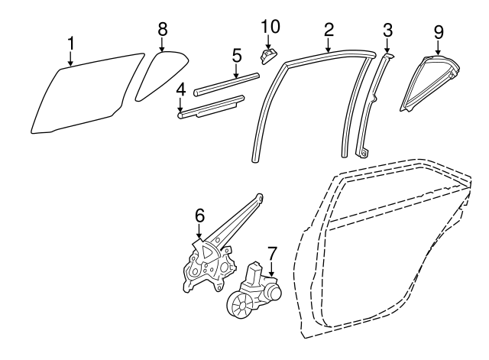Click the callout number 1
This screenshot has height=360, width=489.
(71, 44)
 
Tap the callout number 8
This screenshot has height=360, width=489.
(163, 29)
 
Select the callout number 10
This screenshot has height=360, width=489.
(270, 26)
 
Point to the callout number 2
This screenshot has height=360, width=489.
(329, 30)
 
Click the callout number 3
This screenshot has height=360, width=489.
(387, 31)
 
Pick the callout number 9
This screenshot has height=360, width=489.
(439, 32)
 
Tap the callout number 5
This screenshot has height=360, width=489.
(237, 56)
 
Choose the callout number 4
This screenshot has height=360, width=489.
(180, 90)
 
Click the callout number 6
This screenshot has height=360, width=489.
(199, 216)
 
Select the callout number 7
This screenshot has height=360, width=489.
(272, 253)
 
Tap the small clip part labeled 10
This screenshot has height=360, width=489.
(267, 56)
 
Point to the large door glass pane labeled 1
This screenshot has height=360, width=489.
(87, 93)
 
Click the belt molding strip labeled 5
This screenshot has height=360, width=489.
(226, 84)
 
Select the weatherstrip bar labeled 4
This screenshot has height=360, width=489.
(211, 107)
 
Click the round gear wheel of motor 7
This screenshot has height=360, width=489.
(239, 305)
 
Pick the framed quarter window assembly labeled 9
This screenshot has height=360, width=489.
(429, 83)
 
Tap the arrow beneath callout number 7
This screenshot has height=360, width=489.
(272, 269)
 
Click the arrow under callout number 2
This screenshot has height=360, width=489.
(328, 44)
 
